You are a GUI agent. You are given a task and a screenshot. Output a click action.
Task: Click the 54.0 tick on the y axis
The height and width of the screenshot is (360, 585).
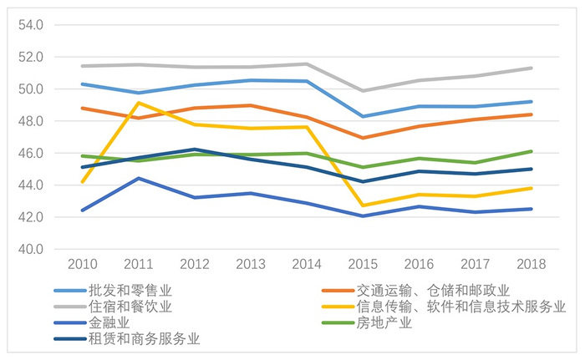click(30, 25)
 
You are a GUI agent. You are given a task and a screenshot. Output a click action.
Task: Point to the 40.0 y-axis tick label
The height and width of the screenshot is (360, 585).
click(30, 249)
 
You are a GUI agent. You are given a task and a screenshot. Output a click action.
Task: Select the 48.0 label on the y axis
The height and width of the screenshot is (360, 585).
click(30, 121)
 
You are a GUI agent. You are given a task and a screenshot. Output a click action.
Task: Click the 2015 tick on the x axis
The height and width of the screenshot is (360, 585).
click(362, 264)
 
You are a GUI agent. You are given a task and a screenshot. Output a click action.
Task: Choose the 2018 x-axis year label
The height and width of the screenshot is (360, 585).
click(532, 264)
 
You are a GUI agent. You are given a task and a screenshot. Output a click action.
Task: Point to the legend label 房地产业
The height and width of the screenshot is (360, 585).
click(384, 322)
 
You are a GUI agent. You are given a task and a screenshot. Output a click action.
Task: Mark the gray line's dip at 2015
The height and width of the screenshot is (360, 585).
click(362, 90)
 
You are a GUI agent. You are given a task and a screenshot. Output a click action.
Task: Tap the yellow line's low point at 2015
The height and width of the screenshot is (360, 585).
click(362, 205)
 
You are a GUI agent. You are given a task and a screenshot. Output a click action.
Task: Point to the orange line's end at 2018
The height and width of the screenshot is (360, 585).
click(532, 114)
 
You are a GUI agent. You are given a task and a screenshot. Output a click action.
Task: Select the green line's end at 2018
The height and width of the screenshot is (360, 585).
click(532, 151)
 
